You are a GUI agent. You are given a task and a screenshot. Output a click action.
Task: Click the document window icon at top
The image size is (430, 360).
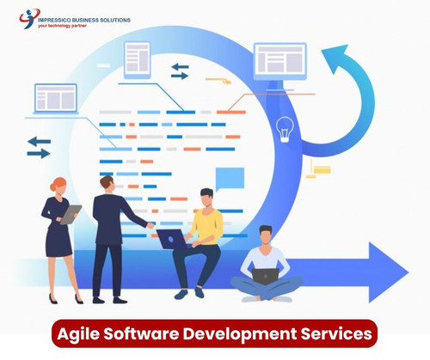137,58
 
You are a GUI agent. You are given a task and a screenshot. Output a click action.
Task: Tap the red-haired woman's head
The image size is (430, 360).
58,185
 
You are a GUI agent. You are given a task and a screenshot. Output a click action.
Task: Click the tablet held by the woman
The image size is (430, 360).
71,213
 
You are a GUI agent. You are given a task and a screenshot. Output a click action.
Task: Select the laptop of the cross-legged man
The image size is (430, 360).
266,275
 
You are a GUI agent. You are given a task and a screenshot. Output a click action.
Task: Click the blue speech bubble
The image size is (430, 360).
230,178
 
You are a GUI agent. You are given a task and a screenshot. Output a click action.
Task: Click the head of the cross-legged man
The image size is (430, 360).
266,234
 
